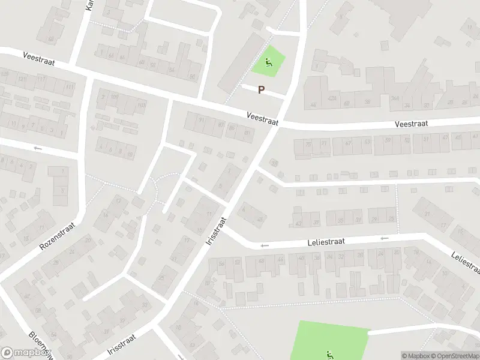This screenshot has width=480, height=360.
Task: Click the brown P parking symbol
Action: tap(261, 90)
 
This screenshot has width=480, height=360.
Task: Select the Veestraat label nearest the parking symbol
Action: tap(263, 118)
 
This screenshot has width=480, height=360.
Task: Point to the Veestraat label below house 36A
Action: tap(411, 124)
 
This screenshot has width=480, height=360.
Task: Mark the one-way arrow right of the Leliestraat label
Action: tap(385, 238)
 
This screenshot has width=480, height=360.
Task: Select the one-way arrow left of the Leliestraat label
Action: tap(263, 245)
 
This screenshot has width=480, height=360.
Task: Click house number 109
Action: tap(142, 106)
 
